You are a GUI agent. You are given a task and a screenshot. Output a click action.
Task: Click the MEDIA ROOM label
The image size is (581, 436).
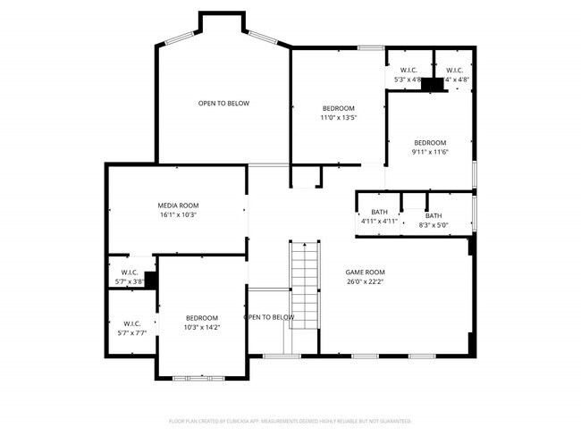pyautogui.click(x=177, y=205)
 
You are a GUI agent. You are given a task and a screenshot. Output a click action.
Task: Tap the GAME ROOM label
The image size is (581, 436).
pyautogui.click(x=365, y=272)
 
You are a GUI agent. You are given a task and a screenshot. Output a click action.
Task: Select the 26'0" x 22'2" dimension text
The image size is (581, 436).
pyautogui.click(x=365, y=281)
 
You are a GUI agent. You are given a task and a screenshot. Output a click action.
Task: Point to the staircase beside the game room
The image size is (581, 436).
pyautogui.click(x=304, y=284)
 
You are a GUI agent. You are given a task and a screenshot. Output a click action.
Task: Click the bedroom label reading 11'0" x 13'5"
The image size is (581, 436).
pyautogui.click(x=339, y=108)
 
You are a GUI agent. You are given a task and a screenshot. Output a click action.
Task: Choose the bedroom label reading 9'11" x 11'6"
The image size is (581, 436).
pyautogui.click(x=430, y=143)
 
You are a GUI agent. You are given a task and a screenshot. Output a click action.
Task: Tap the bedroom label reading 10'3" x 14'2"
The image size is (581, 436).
pyautogui.click(x=202, y=318)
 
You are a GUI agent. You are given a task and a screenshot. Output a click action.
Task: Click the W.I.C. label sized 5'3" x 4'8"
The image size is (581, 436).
pyautogui.click(x=408, y=71)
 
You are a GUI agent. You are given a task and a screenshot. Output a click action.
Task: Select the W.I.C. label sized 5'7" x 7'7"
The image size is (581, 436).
pyautogui.click(x=131, y=323)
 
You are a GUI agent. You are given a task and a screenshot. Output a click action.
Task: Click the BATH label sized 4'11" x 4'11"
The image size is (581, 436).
pyautogui.click(x=379, y=213)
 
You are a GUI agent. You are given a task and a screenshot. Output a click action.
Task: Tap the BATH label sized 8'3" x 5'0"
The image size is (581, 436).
pyautogui.click(x=433, y=215)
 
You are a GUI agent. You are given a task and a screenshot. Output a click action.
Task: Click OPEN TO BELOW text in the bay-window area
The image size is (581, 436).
pyautogui.click(x=223, y=104)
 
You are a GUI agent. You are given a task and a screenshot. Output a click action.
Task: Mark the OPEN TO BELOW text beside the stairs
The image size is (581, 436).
pyautogui.click(x=269, y=317)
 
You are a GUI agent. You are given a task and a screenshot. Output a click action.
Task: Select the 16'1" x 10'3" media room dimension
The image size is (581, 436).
pyautogui.click(x=177, y=215)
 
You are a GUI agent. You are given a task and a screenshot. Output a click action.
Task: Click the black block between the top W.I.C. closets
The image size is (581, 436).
pyautogui.click(x=434, y=84)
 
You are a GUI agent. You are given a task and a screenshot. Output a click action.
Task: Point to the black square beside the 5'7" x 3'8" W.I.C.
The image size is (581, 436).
pyautogui.click(x=151, y=281)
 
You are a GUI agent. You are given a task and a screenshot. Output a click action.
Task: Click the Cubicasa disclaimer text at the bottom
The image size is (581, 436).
pyautogui.click(x=290, y=420)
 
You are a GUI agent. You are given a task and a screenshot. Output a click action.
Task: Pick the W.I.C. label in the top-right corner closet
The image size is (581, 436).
pyautogui.click(x=454, y=71)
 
